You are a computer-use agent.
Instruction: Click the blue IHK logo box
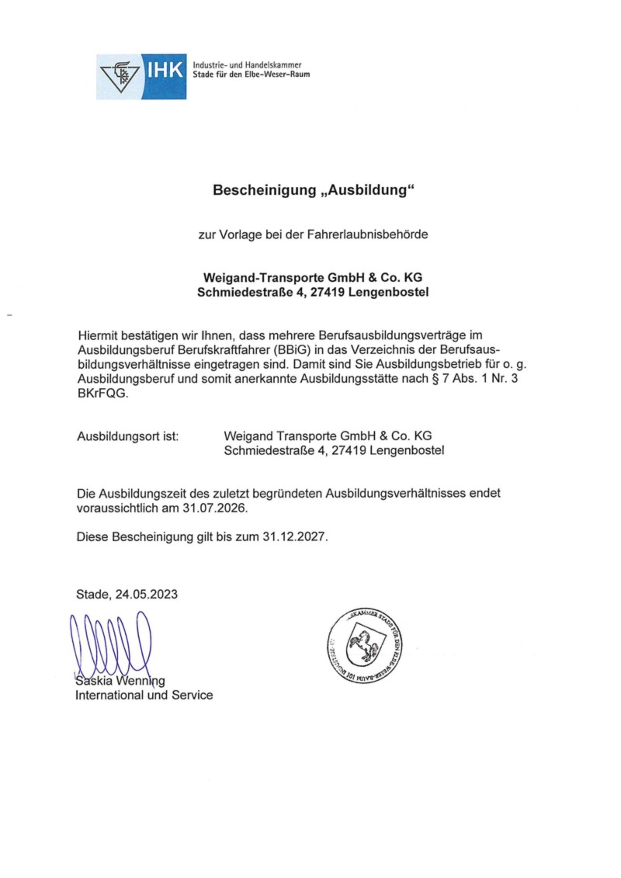click(141, 77)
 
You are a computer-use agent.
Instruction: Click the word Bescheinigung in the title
click(262, 189)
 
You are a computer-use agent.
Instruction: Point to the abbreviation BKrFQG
click(102, 394)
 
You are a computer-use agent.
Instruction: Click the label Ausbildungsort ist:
click(128, 436)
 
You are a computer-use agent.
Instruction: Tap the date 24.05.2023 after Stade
click(147, 595)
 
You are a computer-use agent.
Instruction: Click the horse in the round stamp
click(359, 644)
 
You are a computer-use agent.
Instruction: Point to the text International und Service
click(144, 696)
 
